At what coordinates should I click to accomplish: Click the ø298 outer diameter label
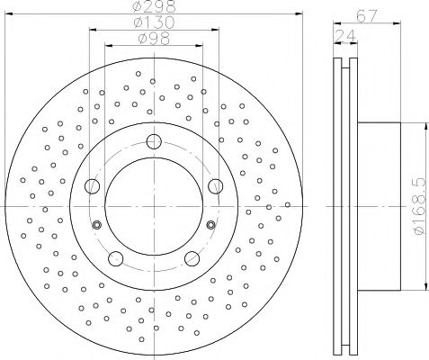[154, 6]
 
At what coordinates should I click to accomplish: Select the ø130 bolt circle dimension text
[154, 22]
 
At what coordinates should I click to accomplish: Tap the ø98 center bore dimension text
[154, 39]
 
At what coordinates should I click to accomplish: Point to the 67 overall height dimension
[366, 15]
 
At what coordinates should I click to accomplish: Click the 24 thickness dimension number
[345, 36]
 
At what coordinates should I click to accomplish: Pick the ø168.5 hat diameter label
[420, 206]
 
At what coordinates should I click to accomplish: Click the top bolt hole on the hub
[154, 141]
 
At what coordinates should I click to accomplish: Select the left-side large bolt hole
[92, 186]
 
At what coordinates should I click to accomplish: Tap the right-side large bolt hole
[216, 186]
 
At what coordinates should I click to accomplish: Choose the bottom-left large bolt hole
[116, 258]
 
